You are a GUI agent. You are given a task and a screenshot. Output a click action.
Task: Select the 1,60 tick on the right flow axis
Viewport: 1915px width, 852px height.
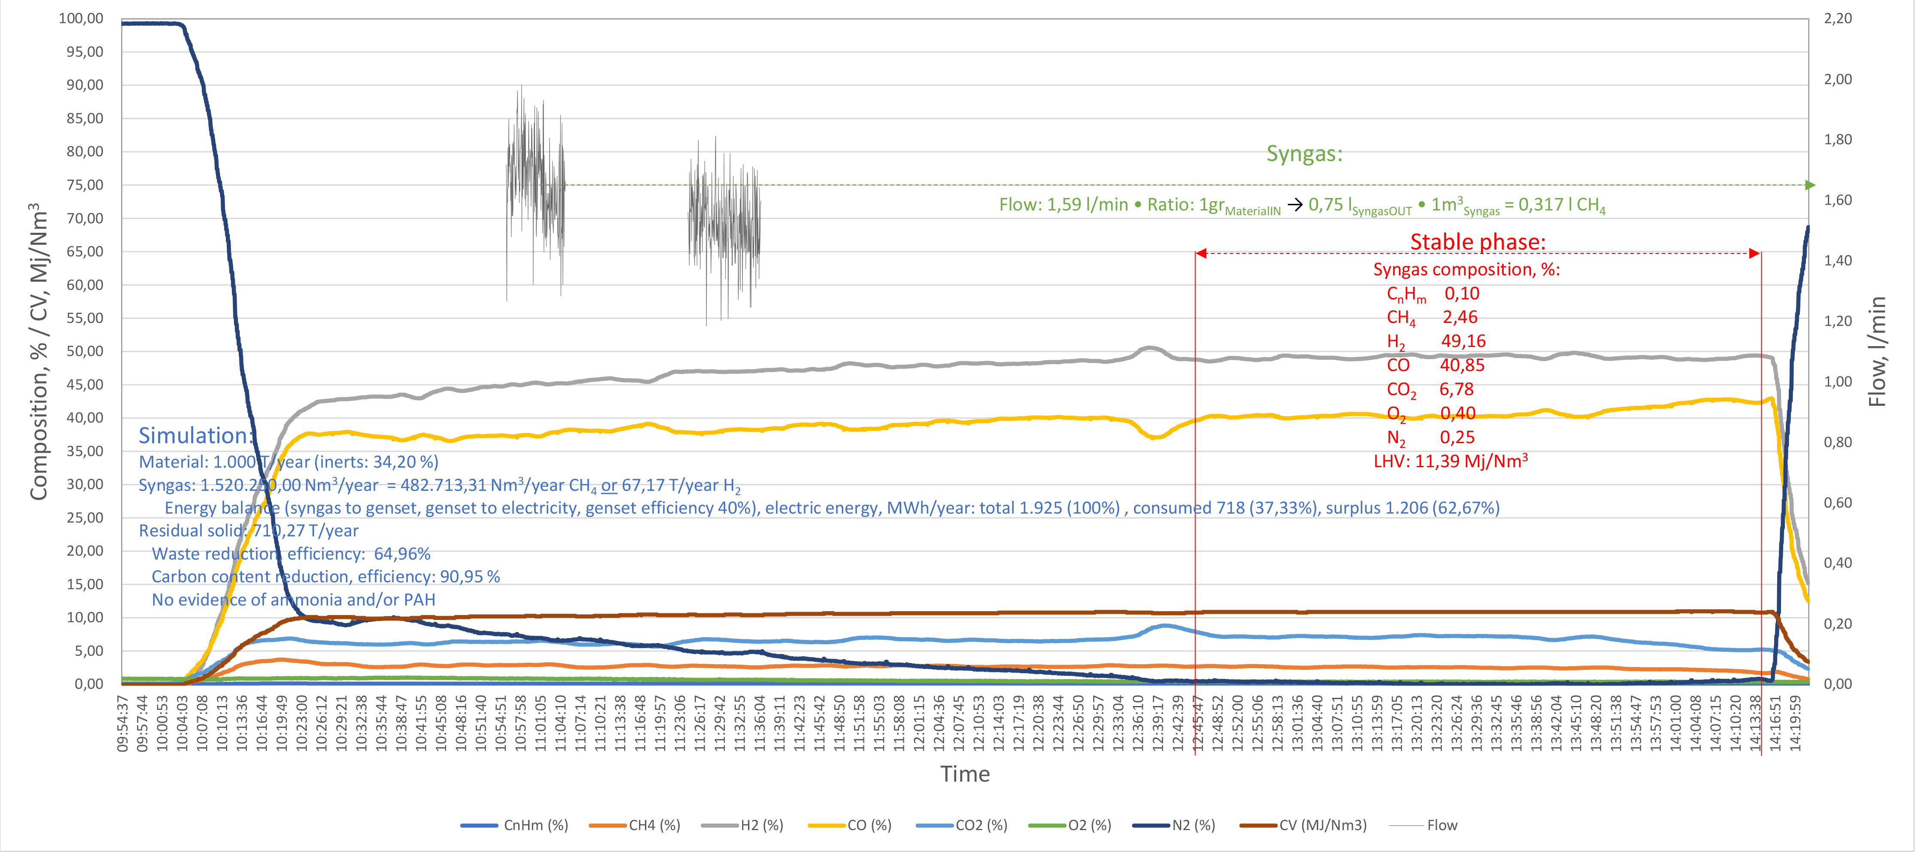[x=1838, y=200]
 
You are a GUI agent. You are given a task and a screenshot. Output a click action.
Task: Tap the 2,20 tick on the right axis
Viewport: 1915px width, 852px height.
[x=1838, y=18]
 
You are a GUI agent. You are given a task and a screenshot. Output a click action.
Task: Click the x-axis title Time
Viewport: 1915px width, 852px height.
[x=965, y=774]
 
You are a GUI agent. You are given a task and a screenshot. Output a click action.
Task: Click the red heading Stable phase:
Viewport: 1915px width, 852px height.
[x=1477, y=242]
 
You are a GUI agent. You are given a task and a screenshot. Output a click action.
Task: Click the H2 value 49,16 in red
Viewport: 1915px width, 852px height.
[x=1463, y=341]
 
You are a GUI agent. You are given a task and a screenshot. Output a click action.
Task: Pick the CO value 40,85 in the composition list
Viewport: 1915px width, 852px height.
[x=1462, y=365]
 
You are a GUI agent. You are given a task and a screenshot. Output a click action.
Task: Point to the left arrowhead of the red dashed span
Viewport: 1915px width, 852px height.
[x=1201, y=253]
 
